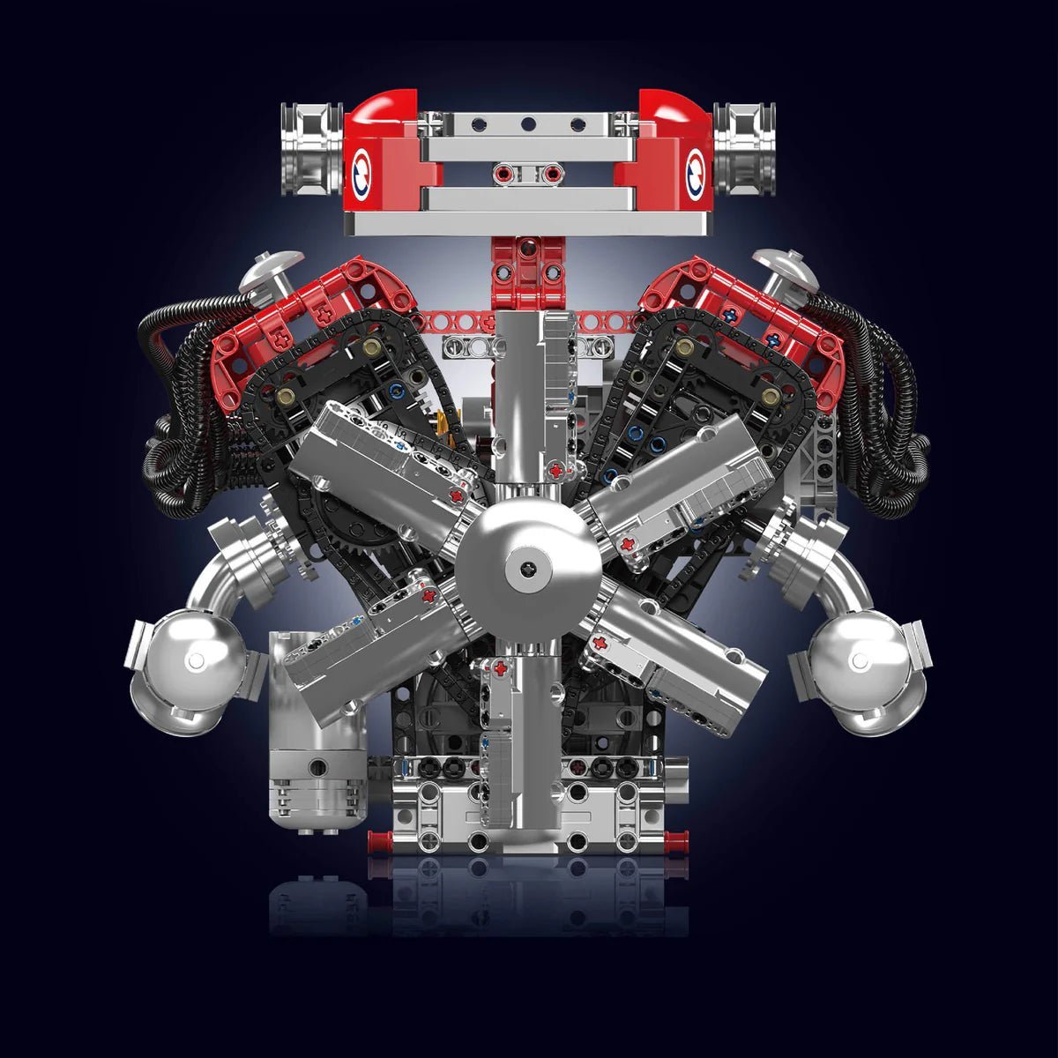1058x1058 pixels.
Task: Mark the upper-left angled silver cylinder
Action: [388, 458]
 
